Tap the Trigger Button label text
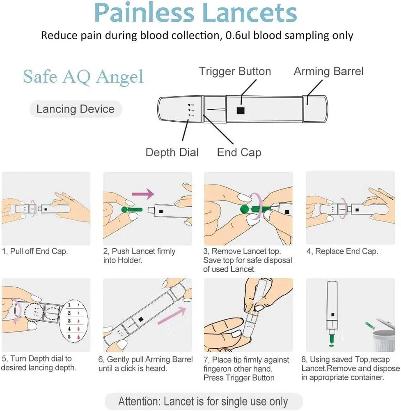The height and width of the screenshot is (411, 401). pyautogui.click(x=235, y=72)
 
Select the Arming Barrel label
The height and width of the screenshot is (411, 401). pyautogui.click(x=328, y=72)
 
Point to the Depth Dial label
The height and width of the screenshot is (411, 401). pyautogui.click(x=172, y=152)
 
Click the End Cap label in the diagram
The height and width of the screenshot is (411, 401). pyautogui.click(x=239, y=152)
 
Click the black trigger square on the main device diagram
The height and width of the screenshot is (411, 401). pyautogui.click(x=241, y=111)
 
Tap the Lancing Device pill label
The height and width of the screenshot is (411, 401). pyautogui.click(x=76, y=109)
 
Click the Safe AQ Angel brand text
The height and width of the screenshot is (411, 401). pyautogui.click(x=83, y=76)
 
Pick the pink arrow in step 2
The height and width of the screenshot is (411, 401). pyautogui.click(x=142, y=193)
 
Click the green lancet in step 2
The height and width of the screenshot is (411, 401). pyautogui.click(x=131, y=210)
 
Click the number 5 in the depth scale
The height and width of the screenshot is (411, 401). pyautogui.click(x=69, y=337)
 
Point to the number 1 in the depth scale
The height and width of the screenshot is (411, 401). pyautogui.click(x=69, y=305)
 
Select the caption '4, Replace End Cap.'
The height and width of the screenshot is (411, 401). pyautogui.click(x=342, y=252)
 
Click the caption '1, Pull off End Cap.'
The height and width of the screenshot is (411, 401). pyautogui.click(x=35, y=252)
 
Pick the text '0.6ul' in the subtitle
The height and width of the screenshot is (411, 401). pyautogui.click(x=238, y=35)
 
